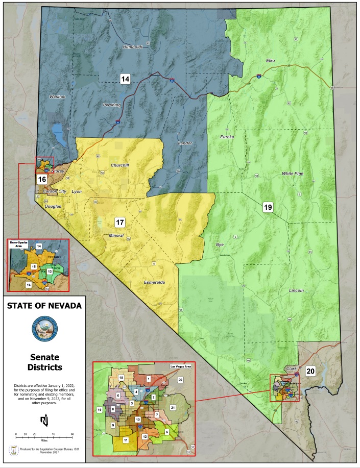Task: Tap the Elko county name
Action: point(270,61)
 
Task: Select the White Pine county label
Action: point(293,174)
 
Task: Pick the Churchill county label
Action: point(122,165)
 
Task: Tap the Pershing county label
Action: point(112,105)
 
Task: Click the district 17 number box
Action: point(119,222)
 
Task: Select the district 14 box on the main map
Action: point(125,79)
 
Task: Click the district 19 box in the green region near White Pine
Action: point(268,207)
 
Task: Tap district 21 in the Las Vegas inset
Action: point(173,407)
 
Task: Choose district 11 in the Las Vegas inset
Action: point(126,440)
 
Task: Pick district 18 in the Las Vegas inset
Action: point(121,377)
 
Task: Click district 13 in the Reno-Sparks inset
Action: point(50,271)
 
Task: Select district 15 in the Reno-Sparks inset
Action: point(34,266)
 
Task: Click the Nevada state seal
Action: point(43,328)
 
